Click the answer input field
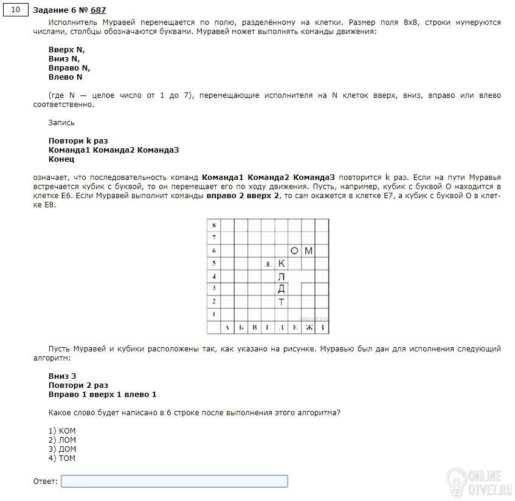point(175,482)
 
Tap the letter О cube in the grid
point(295,250)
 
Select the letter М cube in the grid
point(308,250)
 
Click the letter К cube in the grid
point(281,263)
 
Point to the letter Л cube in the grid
point(281,276)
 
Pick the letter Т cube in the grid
point(281,302)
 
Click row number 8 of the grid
point(213,226)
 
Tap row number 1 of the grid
point(213,314)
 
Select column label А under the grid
point(227,328)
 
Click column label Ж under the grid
point(308,328)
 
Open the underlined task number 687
point(98,10)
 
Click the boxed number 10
point(16,10)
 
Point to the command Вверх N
point(67,50)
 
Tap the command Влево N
point(65,77)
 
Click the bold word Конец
point(61,159)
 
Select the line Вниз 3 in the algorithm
point(62,376)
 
